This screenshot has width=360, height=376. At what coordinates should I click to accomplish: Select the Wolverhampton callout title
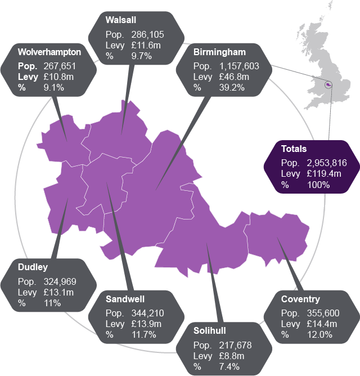point(49,52)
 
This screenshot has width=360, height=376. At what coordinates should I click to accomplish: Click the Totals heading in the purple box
point(294,149)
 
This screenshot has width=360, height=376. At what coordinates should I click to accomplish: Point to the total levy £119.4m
point(324,173)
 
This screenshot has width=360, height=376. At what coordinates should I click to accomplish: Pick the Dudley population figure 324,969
point(60,281)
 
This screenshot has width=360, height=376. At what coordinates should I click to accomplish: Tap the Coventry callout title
point(300,299)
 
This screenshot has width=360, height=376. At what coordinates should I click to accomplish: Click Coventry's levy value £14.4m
point(321,324)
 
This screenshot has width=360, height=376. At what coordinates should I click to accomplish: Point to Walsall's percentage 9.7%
point(141,55)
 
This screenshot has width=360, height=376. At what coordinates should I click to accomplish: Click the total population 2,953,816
point(326,163)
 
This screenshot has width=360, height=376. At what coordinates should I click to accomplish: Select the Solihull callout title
point(210,331)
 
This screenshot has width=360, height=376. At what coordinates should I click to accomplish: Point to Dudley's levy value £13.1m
point(58,292)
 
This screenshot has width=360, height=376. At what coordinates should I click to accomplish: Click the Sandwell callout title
point(125,299)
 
